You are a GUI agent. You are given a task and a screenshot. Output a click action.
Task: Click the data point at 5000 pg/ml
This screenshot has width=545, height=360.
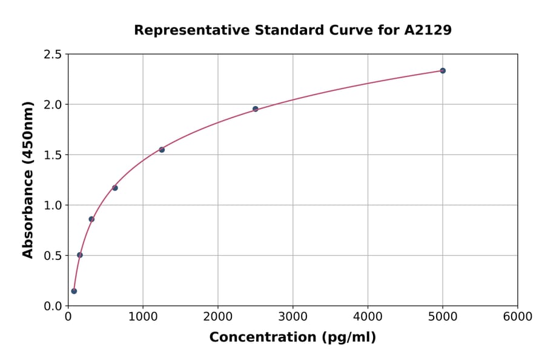point(443,71)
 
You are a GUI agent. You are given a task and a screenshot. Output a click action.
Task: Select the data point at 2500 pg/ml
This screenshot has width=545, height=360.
point(256,109)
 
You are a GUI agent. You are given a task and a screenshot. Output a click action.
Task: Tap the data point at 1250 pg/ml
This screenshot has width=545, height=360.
point(162,150)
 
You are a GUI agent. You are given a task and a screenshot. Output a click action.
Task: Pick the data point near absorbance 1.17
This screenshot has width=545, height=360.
point(115,188)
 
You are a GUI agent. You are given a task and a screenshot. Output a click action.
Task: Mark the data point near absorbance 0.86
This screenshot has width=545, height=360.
point(91,219)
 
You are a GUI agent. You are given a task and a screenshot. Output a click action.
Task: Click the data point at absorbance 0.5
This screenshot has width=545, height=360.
point(80,255)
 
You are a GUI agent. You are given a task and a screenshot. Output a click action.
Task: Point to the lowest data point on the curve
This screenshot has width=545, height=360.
point(74,291)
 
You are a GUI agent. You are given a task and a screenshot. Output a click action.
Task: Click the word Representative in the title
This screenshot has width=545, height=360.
point(185,30)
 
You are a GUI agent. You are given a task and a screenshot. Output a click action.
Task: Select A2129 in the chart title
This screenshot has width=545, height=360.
point(428,30)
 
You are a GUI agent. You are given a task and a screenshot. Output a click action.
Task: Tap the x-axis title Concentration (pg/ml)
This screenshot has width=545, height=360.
point(292,338)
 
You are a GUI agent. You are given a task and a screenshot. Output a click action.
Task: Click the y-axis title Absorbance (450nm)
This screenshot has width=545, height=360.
point(28,180)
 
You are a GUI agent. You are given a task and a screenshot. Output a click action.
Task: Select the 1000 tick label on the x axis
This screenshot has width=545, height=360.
point(143,317)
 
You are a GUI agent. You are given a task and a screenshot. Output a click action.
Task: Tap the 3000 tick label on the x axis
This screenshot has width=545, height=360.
point(293,317)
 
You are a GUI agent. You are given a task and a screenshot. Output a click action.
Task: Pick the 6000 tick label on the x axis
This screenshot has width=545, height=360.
point(518,317)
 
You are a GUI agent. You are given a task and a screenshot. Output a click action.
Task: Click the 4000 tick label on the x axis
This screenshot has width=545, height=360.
point(368,317)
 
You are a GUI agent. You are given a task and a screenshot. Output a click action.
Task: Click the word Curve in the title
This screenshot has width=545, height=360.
point(360,30)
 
